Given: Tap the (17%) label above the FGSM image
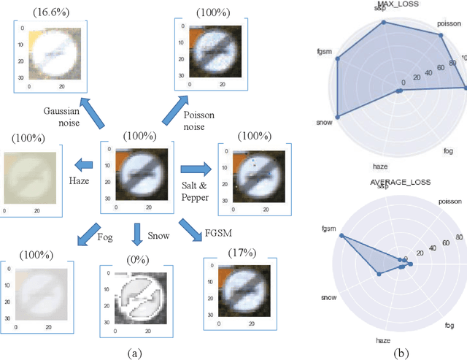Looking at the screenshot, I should coord(241,252).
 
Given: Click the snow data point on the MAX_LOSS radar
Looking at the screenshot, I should coord(338,115).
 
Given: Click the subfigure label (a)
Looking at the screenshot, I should coord(134,352).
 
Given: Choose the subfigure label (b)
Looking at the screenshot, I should coord(401,352).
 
